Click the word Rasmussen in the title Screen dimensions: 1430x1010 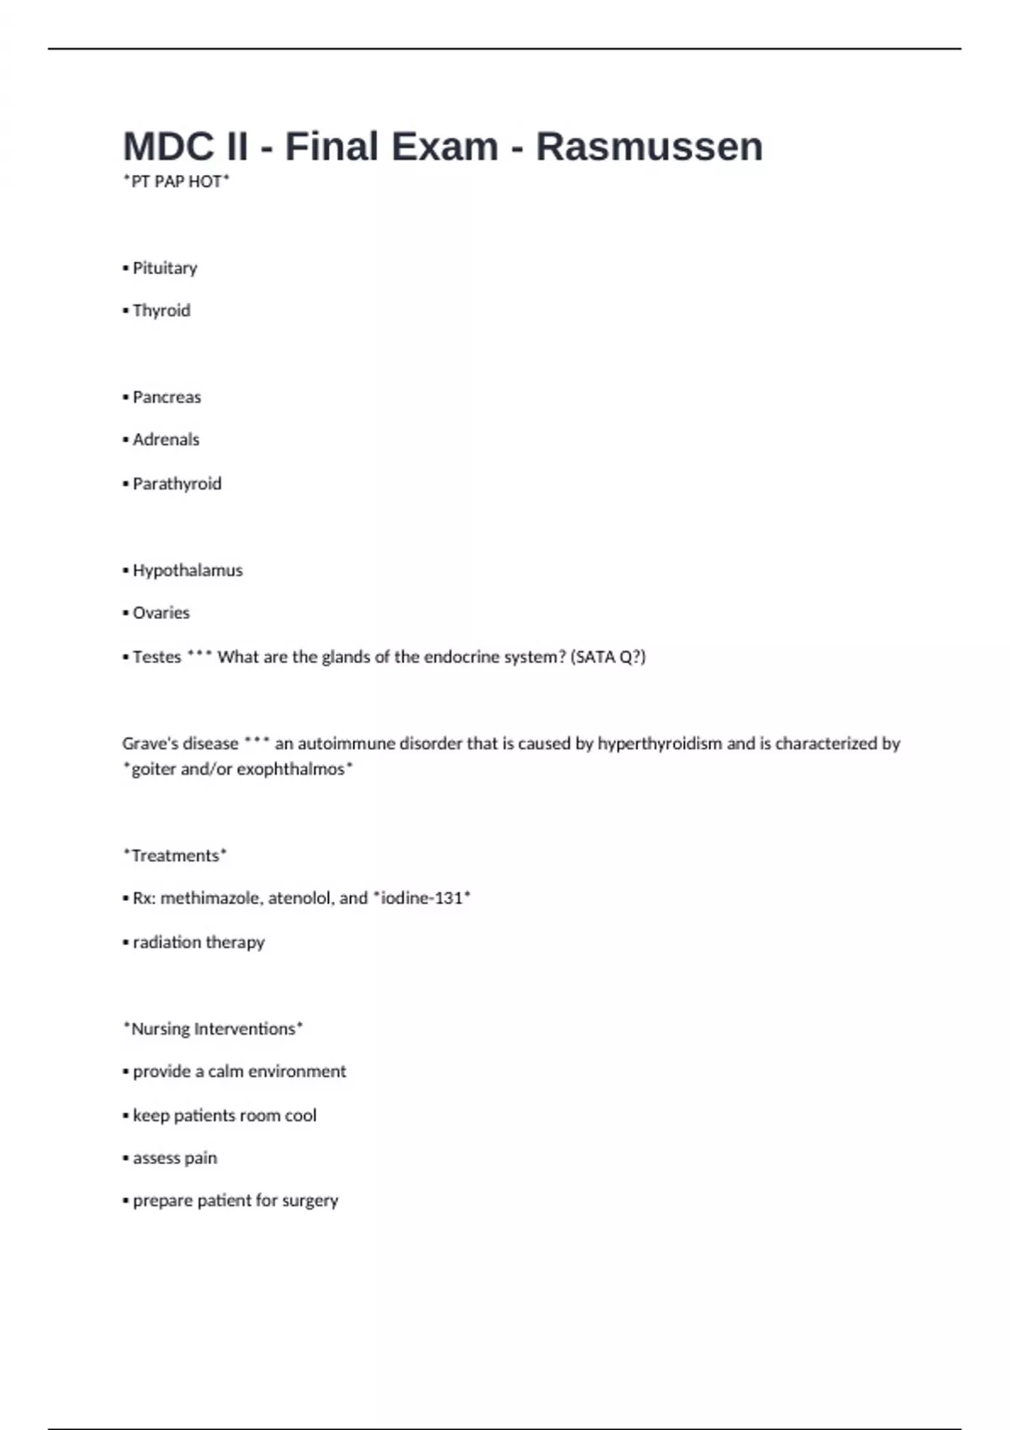(x=649, y=146)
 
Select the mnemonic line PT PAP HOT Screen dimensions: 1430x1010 (x=176, y=182)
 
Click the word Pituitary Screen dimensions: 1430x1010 (x=165, y=268)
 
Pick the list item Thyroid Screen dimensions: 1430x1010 (x=162, y=311)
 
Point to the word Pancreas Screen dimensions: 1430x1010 (x=167, y=397)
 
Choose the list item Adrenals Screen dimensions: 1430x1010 (x=166, y=440)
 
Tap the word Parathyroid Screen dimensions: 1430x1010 (x=177, y=484)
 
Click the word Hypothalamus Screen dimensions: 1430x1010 (x=188, y=570)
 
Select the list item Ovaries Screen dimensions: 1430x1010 (x=161, y=613)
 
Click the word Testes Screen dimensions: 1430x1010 (x=157, y=657)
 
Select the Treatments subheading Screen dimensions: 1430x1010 (x=175, y=855)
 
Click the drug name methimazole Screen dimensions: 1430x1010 (x=210, y=898)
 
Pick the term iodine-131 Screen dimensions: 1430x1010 (x=422, y=898)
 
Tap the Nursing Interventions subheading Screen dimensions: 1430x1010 (x=213, y=1029)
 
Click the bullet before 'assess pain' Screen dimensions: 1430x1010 (x=125, y=1159)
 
